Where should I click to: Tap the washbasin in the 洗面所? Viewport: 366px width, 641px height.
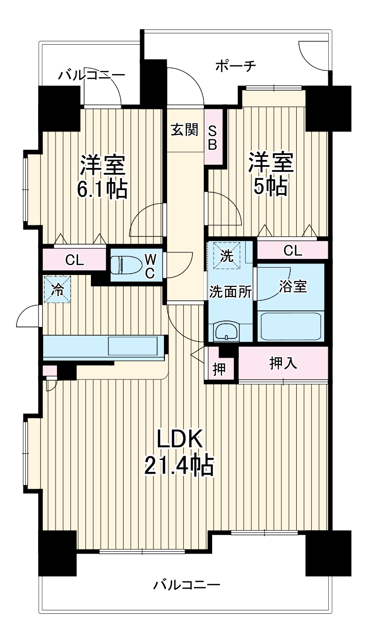[226, 331]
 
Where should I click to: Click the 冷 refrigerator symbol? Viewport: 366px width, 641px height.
[57, 290]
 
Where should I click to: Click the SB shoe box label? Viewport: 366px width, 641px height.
[213, 137]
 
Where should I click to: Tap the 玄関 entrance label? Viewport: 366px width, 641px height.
[185, 131]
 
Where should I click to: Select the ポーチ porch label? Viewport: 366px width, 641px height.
[235, 67]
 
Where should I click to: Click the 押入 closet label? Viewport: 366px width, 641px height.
[283, 363]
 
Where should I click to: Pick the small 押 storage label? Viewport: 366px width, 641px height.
[220, 369]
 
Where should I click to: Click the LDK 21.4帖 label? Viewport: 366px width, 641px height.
[179, 453]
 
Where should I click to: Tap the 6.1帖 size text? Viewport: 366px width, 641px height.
[101, 189]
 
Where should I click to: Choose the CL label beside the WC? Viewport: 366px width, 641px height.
[74, 260]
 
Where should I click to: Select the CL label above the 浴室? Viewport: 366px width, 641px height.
[293, 251]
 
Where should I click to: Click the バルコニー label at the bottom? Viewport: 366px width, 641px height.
[186, 586]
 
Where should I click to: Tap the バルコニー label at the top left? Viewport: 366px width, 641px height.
[92, 75]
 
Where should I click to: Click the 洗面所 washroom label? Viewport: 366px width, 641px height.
[230, 292]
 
